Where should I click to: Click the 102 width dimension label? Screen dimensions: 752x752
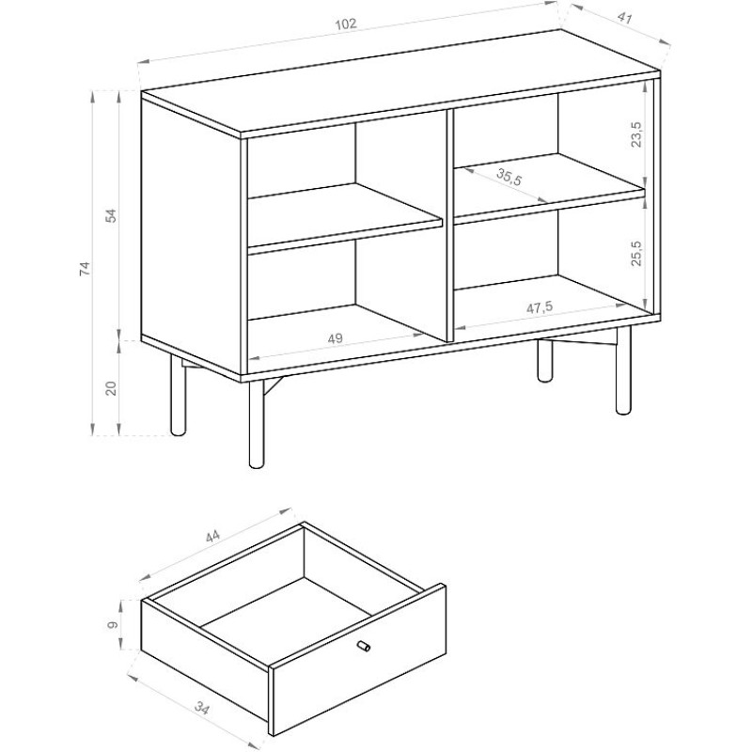(346, 24)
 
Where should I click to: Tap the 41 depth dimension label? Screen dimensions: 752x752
(624, 18)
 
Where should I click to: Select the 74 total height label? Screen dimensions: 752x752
(85, 268)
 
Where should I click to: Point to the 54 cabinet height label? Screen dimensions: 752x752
(111, 216)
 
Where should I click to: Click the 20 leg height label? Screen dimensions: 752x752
(111, 387)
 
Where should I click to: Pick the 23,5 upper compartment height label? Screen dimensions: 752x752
(636, 134)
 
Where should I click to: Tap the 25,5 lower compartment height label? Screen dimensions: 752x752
(636, 253)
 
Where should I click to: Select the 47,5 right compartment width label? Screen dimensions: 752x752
(540, 307)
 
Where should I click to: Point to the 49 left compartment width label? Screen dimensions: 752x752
(336, 338)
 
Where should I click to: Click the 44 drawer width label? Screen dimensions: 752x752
(212, 536)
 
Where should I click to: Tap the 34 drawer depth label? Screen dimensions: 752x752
(202, 708)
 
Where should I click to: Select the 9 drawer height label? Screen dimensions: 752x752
(113, 625)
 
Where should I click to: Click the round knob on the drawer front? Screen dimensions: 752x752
(364, 646)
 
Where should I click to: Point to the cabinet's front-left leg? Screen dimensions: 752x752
(257, 424)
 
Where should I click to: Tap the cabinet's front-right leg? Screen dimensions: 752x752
(623, 369)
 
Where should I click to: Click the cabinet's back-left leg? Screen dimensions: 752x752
(178, 395)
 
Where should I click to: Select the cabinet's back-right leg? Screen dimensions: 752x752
(544, 361)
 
